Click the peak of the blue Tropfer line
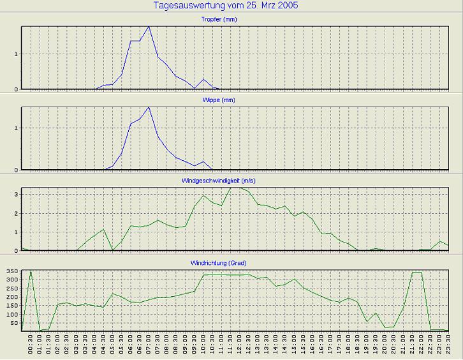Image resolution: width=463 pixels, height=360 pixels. (x=149, y=27)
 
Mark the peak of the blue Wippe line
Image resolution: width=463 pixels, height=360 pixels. (x=149, y=107)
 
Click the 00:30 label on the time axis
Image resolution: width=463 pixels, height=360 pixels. (x=31, y=345)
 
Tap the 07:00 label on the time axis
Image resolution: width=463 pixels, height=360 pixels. (x=149, y=345)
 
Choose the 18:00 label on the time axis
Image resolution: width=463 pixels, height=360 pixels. (x=348, y=345)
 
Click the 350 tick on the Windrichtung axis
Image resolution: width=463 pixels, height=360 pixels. (x=12, y=271)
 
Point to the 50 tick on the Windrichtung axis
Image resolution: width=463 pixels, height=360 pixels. (x=14, y=323)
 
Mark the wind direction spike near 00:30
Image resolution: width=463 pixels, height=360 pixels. (x=31, y=271)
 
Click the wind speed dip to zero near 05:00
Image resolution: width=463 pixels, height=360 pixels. (x=112, y=250)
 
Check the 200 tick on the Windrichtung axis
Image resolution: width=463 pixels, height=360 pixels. (x=12, y=297)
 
